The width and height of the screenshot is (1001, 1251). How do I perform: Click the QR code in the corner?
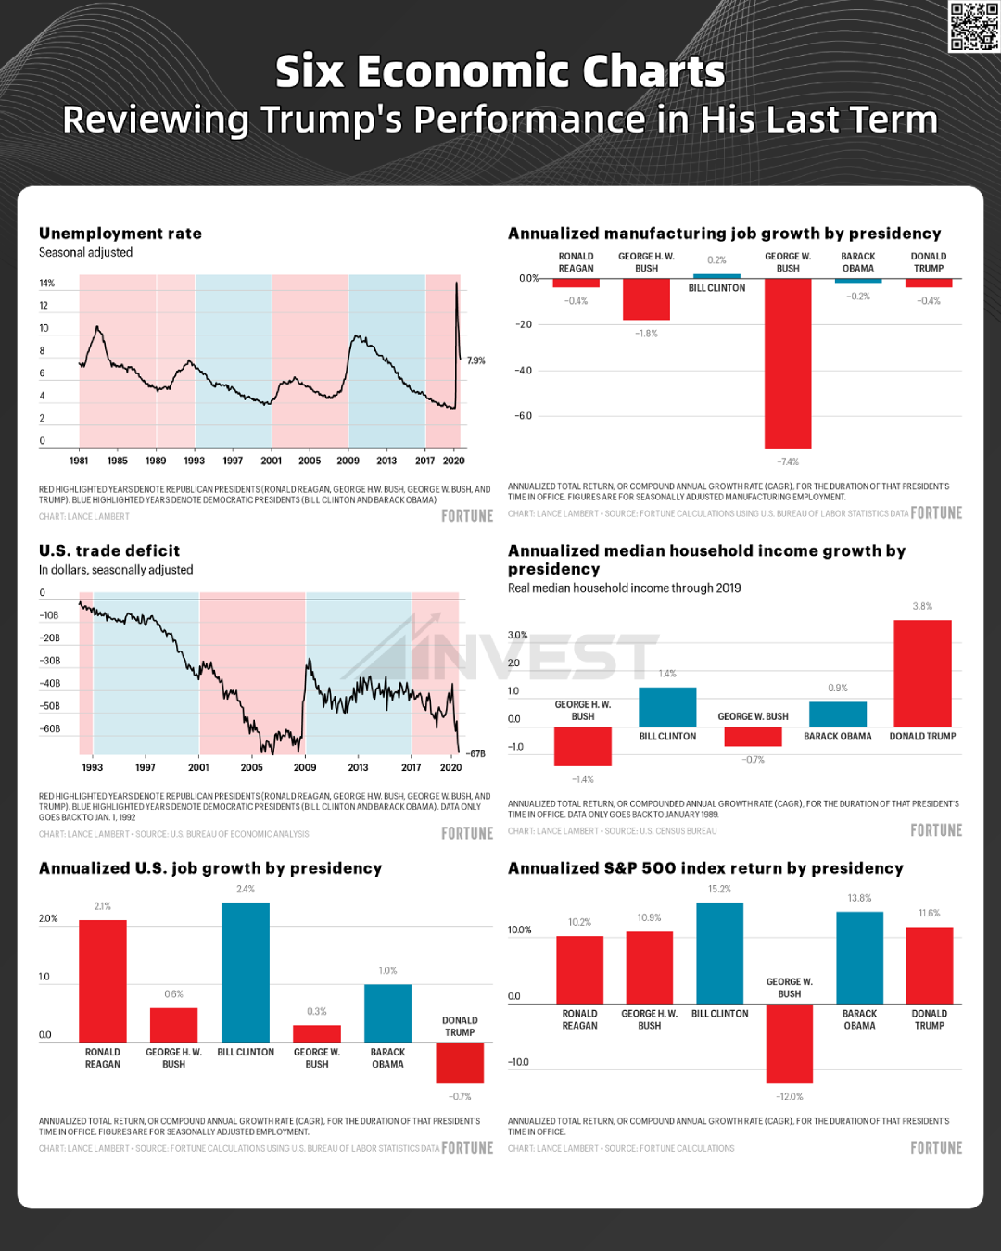973,27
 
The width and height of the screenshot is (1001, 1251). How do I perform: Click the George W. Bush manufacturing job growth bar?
788,362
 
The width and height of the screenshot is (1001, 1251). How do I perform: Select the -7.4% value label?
788,461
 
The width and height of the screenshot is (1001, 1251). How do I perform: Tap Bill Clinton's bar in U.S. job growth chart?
246,972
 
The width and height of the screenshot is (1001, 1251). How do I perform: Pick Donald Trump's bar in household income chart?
922,673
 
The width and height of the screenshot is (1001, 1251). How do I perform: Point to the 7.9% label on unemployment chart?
476,360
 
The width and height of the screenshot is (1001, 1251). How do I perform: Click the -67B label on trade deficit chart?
475,753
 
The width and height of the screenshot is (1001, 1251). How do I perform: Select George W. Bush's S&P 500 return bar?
790,1042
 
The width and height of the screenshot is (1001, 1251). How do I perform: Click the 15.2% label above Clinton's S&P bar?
719,889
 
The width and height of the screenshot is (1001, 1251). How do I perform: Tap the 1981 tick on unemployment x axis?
80,461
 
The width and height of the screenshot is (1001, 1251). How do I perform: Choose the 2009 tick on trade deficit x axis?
305,767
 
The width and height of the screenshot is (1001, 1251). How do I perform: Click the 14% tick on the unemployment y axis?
46,283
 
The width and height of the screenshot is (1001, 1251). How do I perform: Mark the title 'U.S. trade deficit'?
109,550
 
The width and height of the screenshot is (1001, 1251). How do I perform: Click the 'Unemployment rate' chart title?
120,234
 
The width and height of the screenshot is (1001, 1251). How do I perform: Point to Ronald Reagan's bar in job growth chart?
103,980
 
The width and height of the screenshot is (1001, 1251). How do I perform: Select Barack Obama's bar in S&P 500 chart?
859,957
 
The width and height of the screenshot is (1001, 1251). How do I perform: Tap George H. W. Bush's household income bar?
583,746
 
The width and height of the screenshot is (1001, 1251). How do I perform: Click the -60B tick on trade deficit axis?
49,728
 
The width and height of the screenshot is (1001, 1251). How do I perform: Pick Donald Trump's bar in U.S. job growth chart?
460,1062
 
